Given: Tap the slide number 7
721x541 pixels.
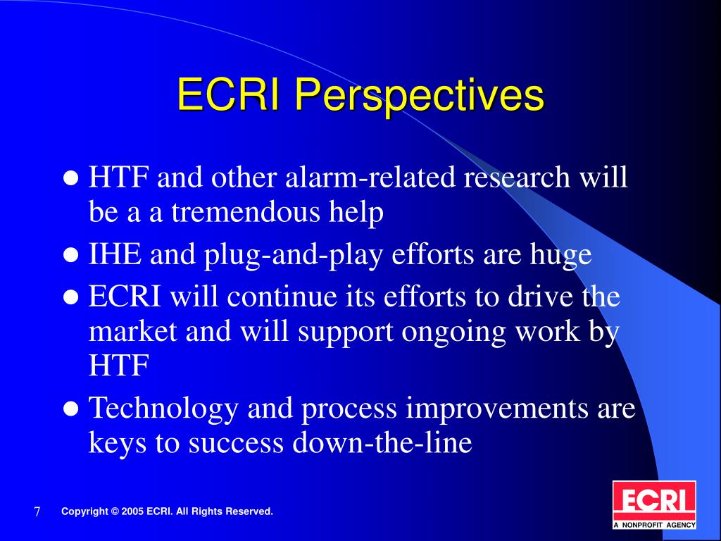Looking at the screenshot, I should point(37,512).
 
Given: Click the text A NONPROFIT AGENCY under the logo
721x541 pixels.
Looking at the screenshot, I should point(654,524).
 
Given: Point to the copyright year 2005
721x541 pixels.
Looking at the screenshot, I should point(133,511).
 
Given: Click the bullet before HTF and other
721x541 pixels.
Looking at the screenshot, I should point(71,178).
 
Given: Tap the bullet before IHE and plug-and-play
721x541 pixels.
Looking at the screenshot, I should point(71,256).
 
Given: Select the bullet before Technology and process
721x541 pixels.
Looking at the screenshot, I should point(71,408).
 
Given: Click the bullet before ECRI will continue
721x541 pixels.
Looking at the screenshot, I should point(71,297).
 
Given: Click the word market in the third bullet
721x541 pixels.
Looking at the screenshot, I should point(134,332).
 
